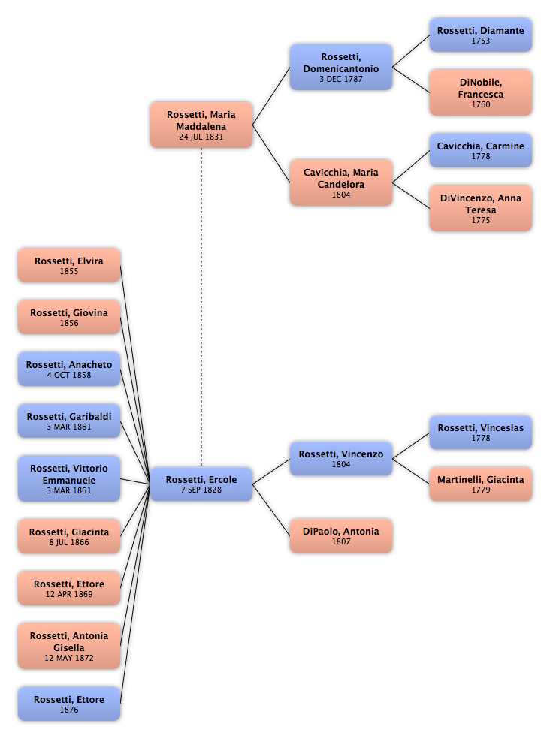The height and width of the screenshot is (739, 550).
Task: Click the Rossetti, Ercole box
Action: click(x=201, y=484)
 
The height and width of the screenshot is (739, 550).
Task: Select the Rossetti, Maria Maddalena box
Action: click(x=201, y=125)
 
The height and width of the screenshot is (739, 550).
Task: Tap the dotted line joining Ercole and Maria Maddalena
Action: click(x=201, y=308)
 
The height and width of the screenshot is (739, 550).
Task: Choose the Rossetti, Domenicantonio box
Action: click(x=341, y=67)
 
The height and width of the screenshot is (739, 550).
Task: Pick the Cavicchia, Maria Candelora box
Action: click(x=341, y=182)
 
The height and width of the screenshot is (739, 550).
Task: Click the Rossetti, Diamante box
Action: click(x=481, y=35)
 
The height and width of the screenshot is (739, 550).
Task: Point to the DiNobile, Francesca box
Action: click(x=481, y=93)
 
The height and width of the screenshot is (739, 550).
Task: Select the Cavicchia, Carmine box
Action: click(x=481, y=150)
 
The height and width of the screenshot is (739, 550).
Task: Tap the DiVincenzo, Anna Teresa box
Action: click(x=481, y=208)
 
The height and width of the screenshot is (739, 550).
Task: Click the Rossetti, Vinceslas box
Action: click(x=481, y=432)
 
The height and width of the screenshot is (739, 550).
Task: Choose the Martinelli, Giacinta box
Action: click(x=481, y=484)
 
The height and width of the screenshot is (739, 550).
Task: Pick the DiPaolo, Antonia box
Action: click(x=341, y=536)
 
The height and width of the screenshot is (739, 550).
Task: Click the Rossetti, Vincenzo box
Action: click(x=341, y=459)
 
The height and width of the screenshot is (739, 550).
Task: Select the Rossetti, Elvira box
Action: click(x=69, y=265)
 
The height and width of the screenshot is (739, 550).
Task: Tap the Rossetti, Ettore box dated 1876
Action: click(x=69, y=704)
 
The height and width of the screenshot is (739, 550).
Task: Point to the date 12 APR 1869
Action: click(x=69, y=594)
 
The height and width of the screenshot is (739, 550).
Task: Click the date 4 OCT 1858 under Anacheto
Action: click(x=69, y=376)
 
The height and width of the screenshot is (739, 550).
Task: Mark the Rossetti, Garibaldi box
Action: click(x=69, y=421)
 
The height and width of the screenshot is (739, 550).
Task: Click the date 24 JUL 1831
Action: click(x=201, y=137)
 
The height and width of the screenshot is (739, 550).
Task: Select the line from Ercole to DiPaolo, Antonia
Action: click(x=271, y=510)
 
